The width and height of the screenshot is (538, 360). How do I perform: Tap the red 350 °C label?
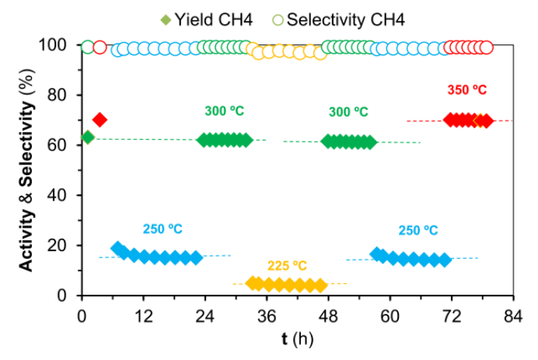pos(466,89)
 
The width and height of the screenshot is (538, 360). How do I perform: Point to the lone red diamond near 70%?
pos(100,119)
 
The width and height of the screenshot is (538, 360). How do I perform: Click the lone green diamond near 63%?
pos(87,137)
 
